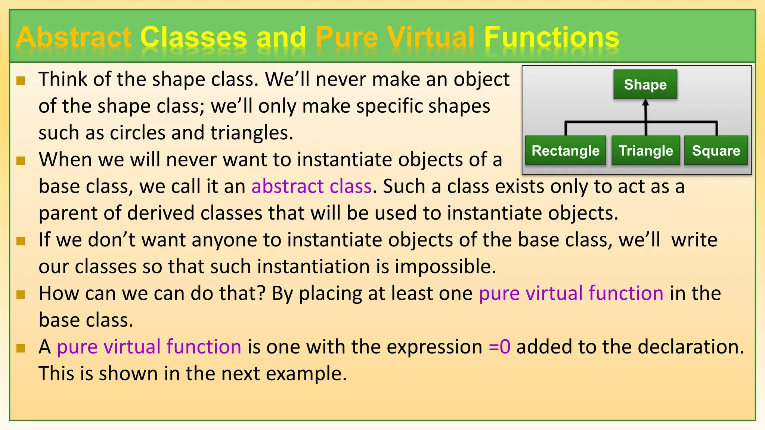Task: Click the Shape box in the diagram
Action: click(645, 84)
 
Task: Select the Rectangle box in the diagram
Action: click(565, 150)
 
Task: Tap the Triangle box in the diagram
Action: click(645, 150)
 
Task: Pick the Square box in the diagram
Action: click(716, 150)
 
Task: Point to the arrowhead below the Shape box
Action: click(645, 103)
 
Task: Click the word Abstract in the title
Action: click(74, 37)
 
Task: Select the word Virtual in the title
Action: click(430, 37)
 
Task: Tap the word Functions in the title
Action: click(551, 37)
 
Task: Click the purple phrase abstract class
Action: click(312, 186)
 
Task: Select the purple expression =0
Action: click(499, 347)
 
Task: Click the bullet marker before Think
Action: click(21, 81)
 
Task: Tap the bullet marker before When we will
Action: click(21, 161)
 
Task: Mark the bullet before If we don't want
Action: click(21, 241)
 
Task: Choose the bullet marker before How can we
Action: click(21, 295)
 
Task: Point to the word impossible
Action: click(445, 267)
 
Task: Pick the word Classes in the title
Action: click(193, 37)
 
